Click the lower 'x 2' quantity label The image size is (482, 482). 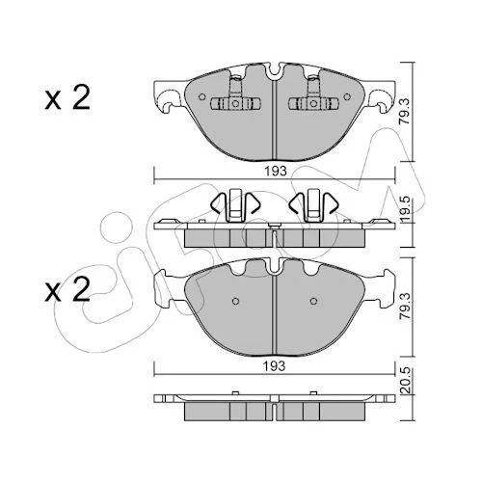[x=67, y=289]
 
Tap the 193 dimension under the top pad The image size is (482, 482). [x=276, y=171]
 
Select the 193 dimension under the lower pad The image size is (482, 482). [x=274, y=365]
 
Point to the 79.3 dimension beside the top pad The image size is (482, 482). [x=405, y=111]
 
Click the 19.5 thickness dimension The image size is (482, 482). [x=405, y=209]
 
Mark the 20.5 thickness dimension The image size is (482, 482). [x=405, y=381]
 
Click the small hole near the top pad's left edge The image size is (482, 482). [x=202, y=96]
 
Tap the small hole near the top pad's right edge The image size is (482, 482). [x=347, y=96]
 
